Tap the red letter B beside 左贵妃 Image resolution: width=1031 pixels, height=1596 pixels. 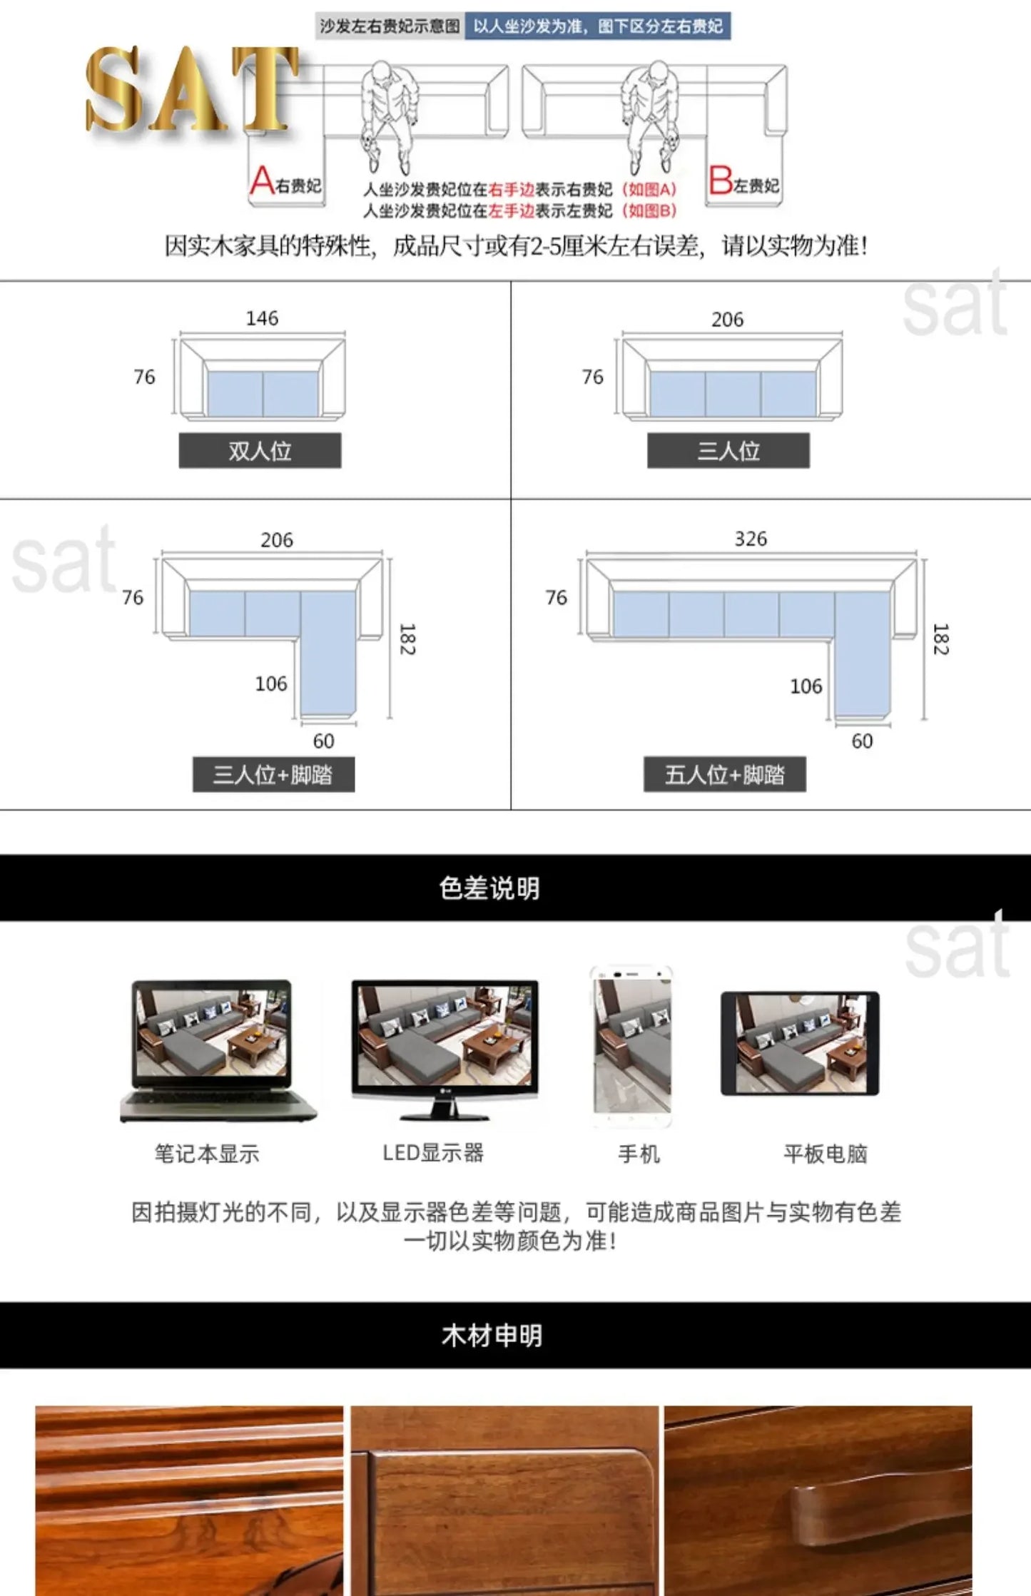(x=720, y=180)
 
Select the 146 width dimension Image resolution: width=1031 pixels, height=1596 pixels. (x=262, y=318)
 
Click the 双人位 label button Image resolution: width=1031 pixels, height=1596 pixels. (x=260, y=451)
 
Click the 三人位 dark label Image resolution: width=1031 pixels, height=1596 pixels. (x=728, y=451)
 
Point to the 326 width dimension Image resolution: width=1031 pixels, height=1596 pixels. (x=751, y=539)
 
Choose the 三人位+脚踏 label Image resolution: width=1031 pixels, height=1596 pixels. (x=273, y=775)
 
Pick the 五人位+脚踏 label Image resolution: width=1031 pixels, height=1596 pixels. (x=724, y=775)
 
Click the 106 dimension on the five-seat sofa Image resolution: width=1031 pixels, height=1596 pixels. (x=806, y=686)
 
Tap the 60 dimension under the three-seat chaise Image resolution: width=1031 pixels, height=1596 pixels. (x=323, y=741)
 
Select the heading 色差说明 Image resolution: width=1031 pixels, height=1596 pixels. (x=489, y=888)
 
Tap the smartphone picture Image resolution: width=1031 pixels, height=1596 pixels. (x=632, y=1045)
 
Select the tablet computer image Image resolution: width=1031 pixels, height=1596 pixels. (x=800, y=1043)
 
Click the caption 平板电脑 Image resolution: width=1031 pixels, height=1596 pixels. (x=825, y=1154)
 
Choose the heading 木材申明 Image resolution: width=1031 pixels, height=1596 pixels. (x=492, y=1336)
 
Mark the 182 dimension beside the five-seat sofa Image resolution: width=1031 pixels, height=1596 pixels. (x=940, y=639)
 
